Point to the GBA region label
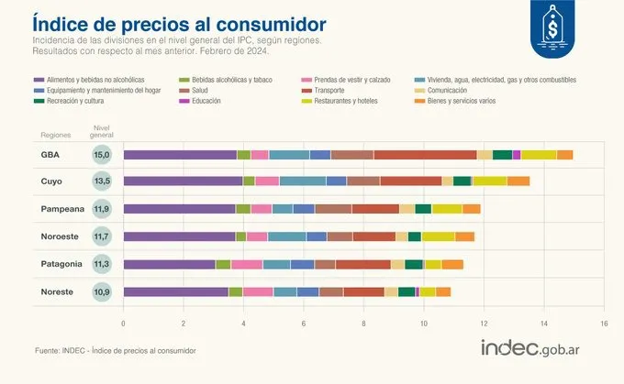coord(50,154)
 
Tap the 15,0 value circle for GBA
coord(104,154)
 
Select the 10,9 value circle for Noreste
coord(104,291)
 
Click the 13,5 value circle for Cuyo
coord(104,181)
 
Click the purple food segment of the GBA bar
coord(180,154)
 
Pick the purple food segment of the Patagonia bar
coord(169,264)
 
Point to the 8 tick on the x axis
coord(363,324)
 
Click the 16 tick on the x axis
coord(604,324)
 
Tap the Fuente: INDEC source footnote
coord(115,350)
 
